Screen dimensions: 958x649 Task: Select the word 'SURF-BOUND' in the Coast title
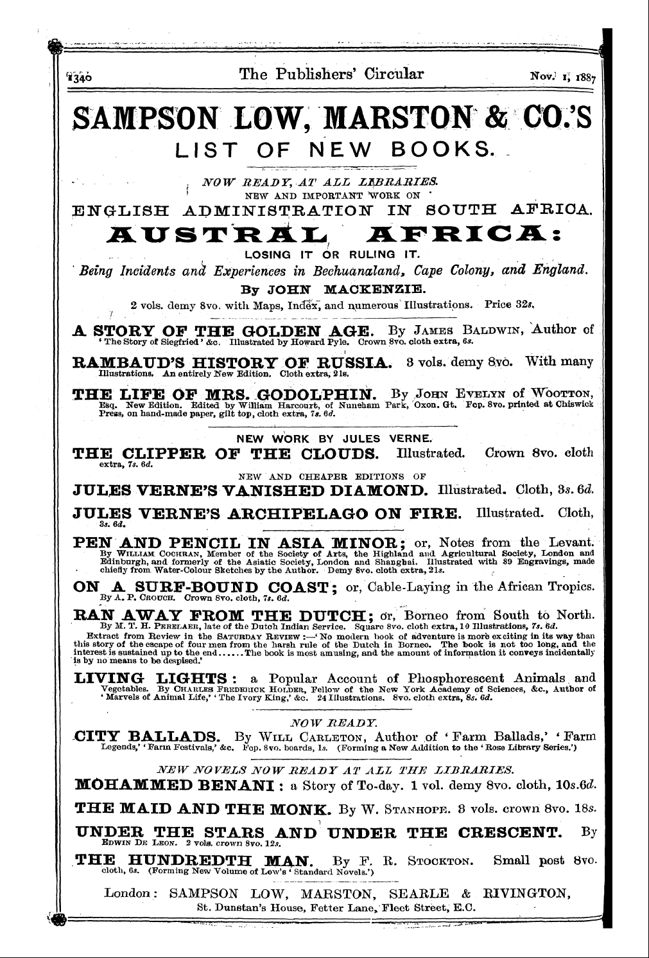(x=186, y=587)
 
